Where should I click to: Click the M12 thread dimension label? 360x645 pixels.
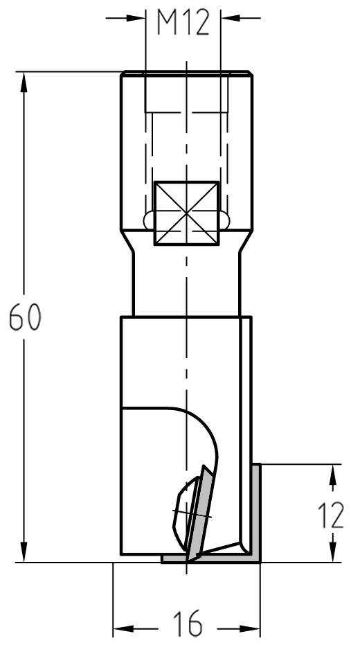183,23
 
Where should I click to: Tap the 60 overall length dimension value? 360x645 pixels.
26,317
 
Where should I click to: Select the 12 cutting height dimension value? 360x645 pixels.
331,515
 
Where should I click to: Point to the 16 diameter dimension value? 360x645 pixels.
188,624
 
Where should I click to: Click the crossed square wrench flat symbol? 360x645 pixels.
186,213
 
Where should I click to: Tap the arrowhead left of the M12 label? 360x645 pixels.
136,18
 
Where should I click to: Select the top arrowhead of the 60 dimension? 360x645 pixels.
24,82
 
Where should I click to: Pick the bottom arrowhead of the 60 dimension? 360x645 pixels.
24,552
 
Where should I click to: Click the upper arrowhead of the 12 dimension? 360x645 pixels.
333,475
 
